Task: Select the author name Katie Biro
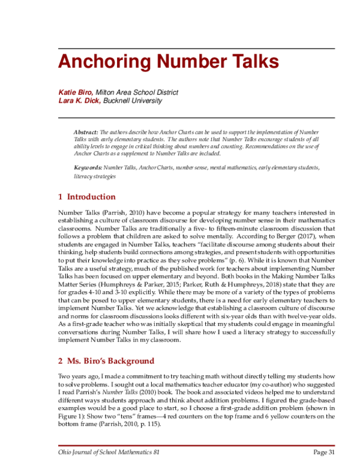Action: click(75, 92)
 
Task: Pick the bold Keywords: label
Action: click(88, 168)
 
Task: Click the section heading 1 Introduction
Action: click(86, 197)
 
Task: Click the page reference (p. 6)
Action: click(247, 262)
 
